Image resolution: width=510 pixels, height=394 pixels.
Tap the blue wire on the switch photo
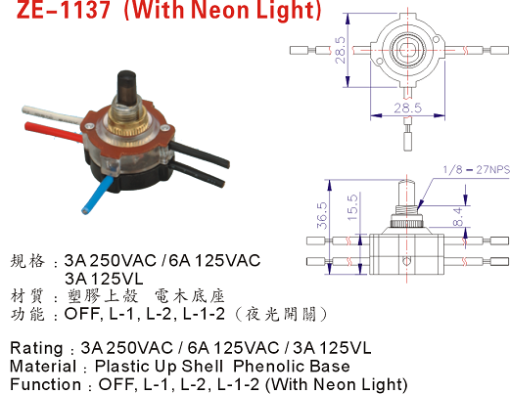95,194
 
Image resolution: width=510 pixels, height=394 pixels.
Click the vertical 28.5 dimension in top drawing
341,50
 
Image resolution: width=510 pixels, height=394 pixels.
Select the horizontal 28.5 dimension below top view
407,108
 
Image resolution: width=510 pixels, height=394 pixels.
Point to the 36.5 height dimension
322,215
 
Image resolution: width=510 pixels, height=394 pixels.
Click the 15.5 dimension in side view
352,208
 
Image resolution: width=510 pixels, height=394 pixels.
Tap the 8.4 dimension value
458,217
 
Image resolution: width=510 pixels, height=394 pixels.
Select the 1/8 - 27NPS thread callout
476,170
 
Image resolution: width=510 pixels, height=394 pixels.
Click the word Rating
36,348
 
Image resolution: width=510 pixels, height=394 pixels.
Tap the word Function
45,384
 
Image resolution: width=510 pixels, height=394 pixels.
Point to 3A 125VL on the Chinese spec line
104,279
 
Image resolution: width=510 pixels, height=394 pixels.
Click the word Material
43,367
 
